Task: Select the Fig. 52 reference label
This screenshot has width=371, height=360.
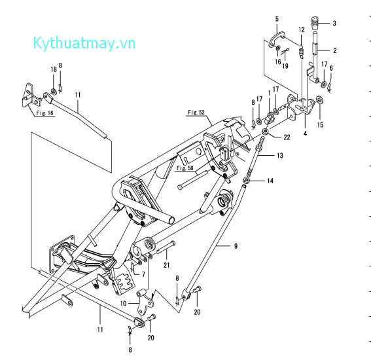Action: (x=196, y=113)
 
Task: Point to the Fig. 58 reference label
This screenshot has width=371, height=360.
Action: (x=185, y=168)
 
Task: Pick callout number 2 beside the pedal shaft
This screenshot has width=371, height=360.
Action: (x=334, y=50)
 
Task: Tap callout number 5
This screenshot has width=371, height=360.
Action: (x=277, y=19)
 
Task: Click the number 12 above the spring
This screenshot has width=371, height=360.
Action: (x=302, y=30)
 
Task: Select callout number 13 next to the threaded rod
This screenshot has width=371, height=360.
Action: (x=280, y=156)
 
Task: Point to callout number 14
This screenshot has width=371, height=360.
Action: (x=270, y=180)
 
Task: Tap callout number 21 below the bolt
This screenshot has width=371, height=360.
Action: (x=167, y=264)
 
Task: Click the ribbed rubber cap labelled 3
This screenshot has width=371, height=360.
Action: (x=315, y=23)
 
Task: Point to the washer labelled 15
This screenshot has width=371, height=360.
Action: (x=319, y=100)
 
